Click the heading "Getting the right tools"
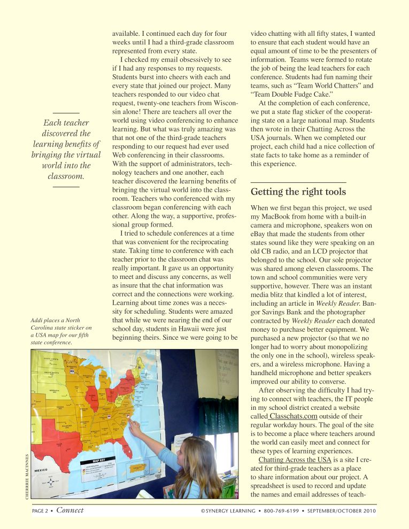(x=298, y=192)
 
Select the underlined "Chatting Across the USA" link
(x=295, y=460)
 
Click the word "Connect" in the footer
(x=70, y=510)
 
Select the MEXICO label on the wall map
(x=41, y=471)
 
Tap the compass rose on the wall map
(x=51, y=483)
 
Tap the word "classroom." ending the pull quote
(x=66, y=176)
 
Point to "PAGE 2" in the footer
(x=42, y=511)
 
